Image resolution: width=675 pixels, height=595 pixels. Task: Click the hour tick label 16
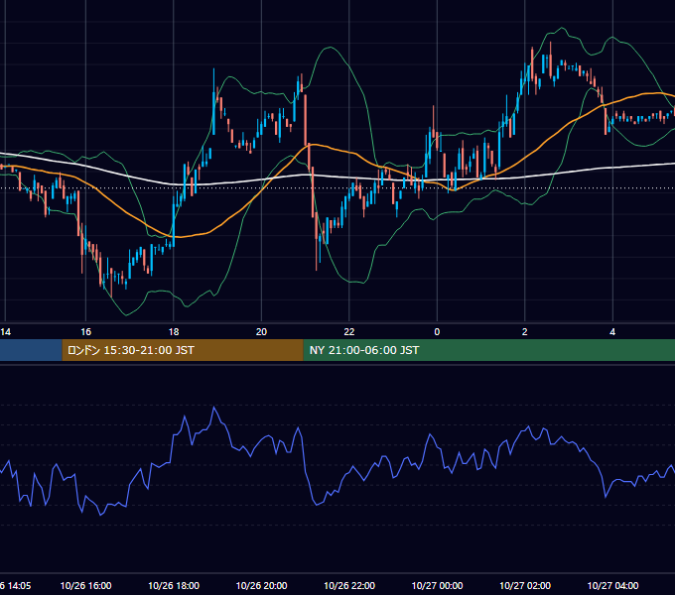[x=85, y=332]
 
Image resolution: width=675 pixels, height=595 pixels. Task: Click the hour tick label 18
[x=174, y=332]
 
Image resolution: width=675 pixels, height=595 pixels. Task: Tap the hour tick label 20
[x=261, y=332]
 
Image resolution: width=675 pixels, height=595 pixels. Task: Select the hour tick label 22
[x=349, y=332]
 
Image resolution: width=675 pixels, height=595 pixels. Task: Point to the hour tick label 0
[x=437, y=332]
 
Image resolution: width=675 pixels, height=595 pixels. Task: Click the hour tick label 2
[x=525, y=332]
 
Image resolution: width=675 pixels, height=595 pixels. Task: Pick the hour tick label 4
[x=612, y=332]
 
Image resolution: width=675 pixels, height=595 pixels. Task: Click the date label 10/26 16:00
[x=85, y=585]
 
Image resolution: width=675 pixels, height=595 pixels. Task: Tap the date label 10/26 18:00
[x=174, y=585]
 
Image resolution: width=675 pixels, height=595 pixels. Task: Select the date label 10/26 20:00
[x=261, y=585]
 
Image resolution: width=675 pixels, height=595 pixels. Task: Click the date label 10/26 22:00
[x=349, y=585]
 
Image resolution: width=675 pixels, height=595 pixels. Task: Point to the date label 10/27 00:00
[x=437, y=585]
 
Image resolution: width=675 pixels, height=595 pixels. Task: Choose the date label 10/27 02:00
[x=525, y=585]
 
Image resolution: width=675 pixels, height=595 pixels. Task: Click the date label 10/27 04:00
[x=612, y=585]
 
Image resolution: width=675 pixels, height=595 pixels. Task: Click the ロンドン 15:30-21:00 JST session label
[x=131, y=350]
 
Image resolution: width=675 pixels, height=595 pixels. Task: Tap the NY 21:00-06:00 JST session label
[x=364, y=350]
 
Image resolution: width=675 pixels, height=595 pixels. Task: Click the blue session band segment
[x=31, y=350]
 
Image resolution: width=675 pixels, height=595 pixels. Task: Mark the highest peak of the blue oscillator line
[x=214, y=407]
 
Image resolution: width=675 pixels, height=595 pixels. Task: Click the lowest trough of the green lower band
[x=126, y=315]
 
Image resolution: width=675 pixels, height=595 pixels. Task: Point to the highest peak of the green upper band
[x=562, y=28]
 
